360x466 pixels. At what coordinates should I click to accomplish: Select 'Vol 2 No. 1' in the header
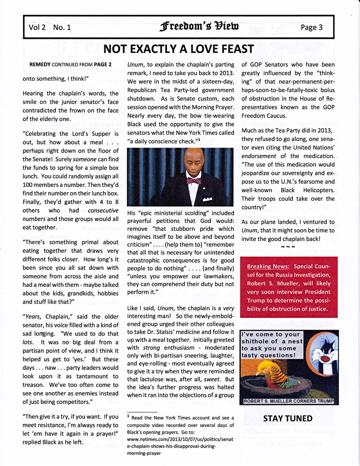pyautogui.click(x=49, y=27)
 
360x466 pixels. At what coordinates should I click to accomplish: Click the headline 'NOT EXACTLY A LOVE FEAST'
pyautogui.click(x=179, y=49)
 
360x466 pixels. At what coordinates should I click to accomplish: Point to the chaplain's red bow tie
pyautogui.click(x=193, y=181)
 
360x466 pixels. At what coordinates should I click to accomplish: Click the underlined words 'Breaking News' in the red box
pyautogui.click(x=268, y=266)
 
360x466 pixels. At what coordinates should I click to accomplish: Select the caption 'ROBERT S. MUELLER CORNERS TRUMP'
pyautogui.click(x=290, y=401)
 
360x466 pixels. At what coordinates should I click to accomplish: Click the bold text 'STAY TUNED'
pyautogui.click(x=288, y=418)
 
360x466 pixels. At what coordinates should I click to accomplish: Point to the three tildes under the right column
pyautogui.click(x=288, y=247)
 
